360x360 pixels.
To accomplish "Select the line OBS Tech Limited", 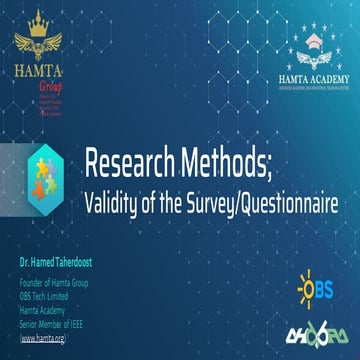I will pos(46,287).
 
